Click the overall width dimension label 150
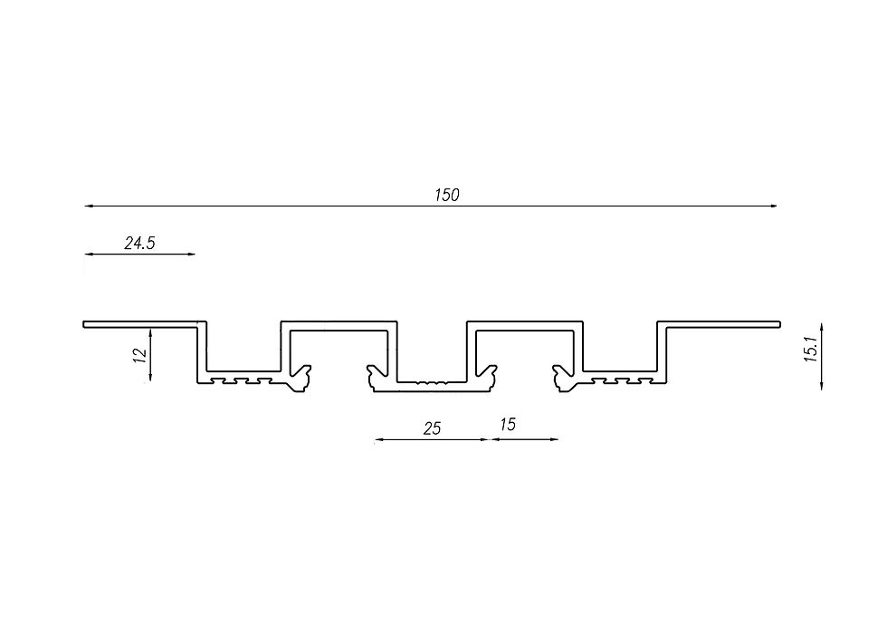447,196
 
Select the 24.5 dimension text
139,244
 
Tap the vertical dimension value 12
140,355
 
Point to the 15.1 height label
811,349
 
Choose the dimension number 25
433,428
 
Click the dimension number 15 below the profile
508,425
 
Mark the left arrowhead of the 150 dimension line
89,207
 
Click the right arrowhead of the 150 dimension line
772,207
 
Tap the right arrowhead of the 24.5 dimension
191,255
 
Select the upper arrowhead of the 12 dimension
150,333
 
